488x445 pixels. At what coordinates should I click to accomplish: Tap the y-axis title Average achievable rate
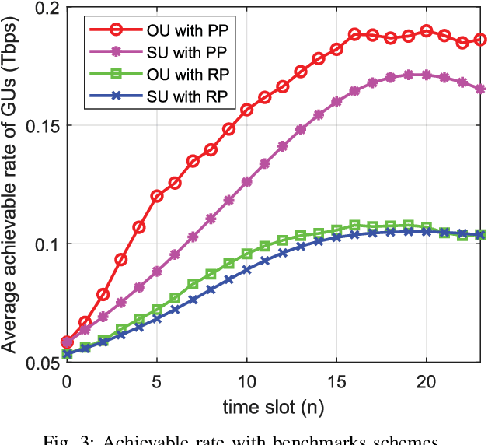(x=14, y=187)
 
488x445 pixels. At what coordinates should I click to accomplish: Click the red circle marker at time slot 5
(x=157, y=196)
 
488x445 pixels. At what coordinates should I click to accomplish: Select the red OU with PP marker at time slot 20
(x=427, y=31)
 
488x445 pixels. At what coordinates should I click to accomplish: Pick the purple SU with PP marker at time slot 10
(x=247, y=181)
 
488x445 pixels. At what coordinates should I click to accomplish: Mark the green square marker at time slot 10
(x=247, y=254)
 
